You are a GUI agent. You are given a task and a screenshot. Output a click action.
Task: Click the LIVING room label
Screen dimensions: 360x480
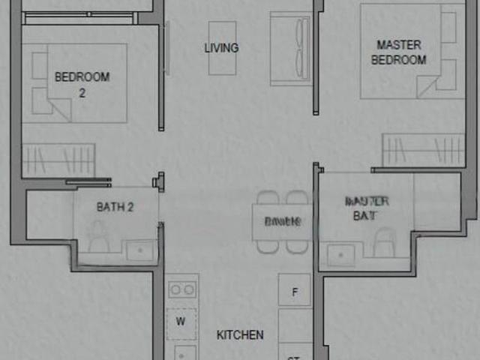point(221,48)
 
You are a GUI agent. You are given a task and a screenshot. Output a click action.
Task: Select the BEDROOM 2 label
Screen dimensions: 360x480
point(82,84)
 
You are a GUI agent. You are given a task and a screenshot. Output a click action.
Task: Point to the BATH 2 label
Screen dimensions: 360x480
point(115,207)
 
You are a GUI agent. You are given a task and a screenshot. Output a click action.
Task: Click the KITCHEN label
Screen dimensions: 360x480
point(240,334)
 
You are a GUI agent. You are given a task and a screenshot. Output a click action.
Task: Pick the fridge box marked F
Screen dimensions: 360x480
point(295,291)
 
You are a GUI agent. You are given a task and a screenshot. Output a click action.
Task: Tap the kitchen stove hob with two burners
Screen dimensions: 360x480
point(181,289)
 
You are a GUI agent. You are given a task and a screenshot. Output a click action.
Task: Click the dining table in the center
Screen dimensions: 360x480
point(283,222)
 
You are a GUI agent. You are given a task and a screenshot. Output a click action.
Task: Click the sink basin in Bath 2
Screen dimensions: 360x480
point(139,250)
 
